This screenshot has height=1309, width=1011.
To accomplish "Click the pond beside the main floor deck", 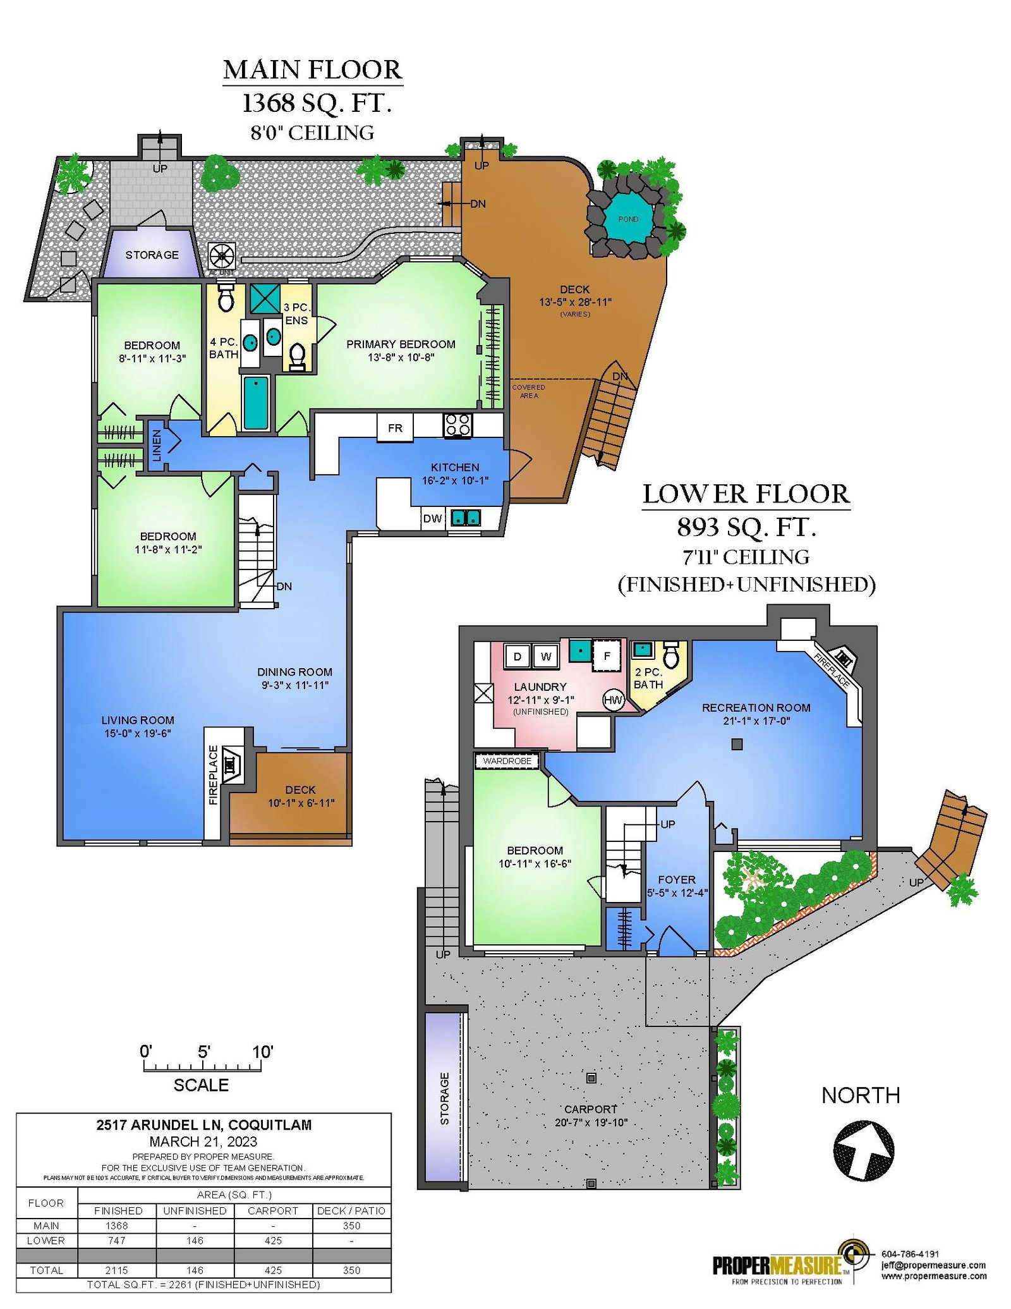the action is pos(627,219).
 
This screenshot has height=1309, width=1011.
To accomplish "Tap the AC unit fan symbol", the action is pos(222,257).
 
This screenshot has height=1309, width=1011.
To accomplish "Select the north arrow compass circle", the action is pos(864,1150).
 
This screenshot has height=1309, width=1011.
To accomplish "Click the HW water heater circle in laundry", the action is pos(613,700).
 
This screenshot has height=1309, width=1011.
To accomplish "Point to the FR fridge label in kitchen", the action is pos(395,428).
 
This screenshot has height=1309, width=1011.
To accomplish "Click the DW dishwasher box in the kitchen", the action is pos(433,518).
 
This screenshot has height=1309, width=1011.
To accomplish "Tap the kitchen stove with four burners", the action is pos(457,425).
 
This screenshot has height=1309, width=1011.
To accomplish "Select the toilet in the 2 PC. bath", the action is pos(671,655).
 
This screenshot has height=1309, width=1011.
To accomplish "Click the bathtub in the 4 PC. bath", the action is pos(256,402).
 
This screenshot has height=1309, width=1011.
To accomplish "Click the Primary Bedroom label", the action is pos(401,344).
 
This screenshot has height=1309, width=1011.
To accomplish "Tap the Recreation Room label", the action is pos(756,707).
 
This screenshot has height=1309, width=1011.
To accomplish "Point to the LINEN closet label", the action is pos(157,445).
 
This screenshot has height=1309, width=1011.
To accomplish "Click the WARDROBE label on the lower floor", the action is pos(507,761).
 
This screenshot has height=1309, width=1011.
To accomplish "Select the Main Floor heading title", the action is pos(313,70).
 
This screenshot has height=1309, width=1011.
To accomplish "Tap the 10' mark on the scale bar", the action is pos(262,1052).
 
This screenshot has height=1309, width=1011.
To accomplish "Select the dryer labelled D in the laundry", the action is pos(517,656).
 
